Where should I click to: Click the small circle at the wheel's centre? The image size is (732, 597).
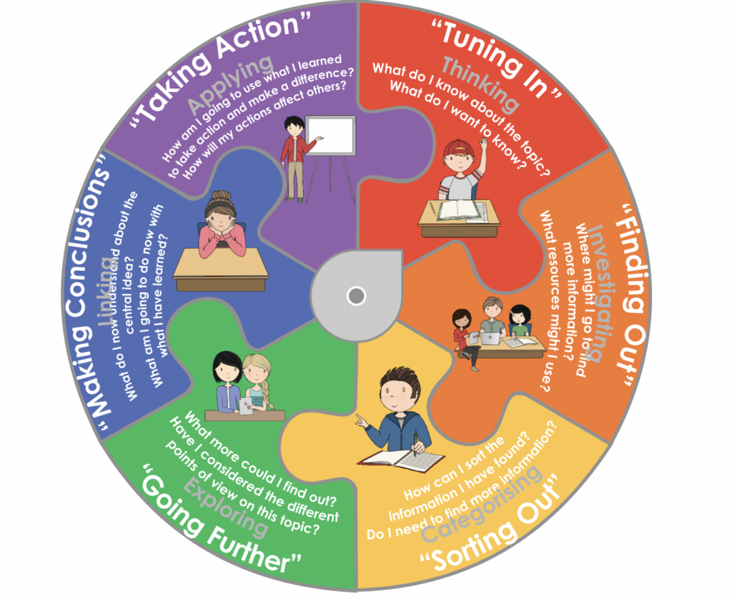[355, 295]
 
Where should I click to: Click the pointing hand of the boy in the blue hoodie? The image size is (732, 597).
[362, 422]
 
